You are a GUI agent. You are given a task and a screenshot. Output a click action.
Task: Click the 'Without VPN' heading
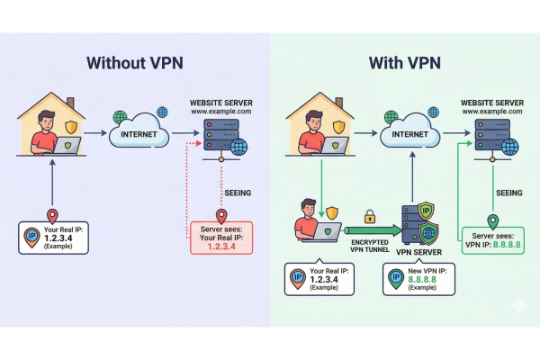coord(134,64)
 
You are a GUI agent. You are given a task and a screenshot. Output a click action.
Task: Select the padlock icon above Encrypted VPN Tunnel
coord(368,217)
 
